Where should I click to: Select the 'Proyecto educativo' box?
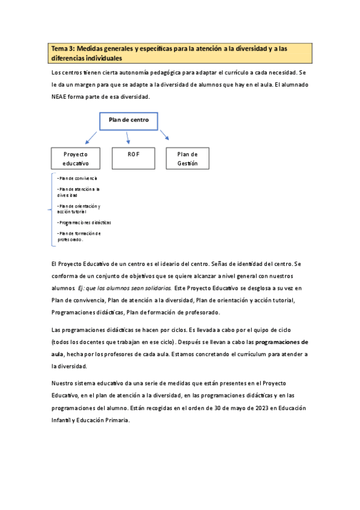(76, 158)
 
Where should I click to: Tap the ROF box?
(133, 158)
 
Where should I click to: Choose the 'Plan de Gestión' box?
(188, 158)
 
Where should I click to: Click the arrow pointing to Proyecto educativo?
(92, 137)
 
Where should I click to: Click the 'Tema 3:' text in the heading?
(63, 49)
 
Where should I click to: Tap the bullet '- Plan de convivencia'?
(77, 179)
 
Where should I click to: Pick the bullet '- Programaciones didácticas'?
(84, 223)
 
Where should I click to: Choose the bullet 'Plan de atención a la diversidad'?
(78, 192)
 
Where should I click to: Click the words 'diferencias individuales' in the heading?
(87, 58)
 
